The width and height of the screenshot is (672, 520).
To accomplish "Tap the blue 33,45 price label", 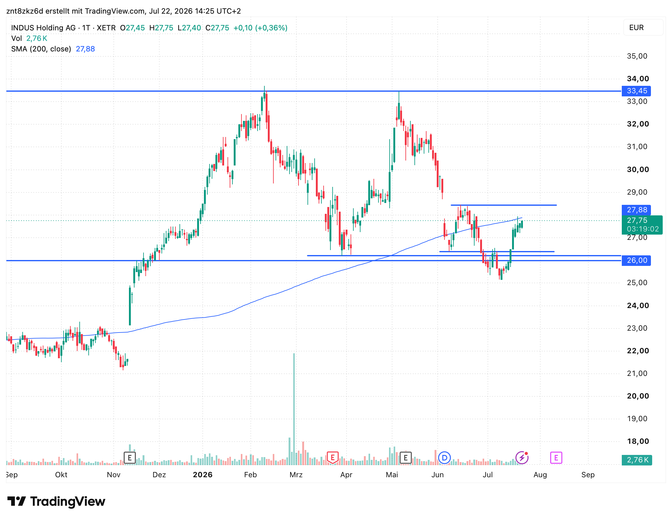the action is (636, 91).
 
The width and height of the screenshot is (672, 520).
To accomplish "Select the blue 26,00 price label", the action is (636, 260).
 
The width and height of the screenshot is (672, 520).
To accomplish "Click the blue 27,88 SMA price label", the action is (636, 210).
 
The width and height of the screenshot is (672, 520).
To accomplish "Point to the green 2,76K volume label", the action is (637, 460).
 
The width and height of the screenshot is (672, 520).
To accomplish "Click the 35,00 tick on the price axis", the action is (637, 56).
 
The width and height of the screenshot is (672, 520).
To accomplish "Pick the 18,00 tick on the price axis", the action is (638, 441).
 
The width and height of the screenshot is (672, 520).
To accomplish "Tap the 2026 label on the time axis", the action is (203, 475).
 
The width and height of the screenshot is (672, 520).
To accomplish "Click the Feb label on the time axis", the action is (250, 475).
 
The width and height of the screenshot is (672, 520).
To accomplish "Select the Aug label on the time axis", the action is (540, 475).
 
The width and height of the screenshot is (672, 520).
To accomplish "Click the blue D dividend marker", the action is (444, 458).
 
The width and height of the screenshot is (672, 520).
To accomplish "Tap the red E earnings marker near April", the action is (333, 458).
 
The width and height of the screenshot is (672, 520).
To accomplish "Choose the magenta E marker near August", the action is (556, 458).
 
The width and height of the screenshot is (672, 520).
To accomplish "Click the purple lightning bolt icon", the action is (522, 458).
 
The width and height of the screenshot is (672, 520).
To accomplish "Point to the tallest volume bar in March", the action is (294, 409).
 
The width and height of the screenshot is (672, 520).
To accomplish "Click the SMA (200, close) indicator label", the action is (41, 49).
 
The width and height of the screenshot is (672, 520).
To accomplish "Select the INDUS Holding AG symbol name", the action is (43, 28).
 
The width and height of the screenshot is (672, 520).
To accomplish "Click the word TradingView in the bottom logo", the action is (68, 501).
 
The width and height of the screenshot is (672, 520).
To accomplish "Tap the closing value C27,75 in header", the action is (217, 28).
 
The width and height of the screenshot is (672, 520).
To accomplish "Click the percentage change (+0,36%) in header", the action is (271, 28).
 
